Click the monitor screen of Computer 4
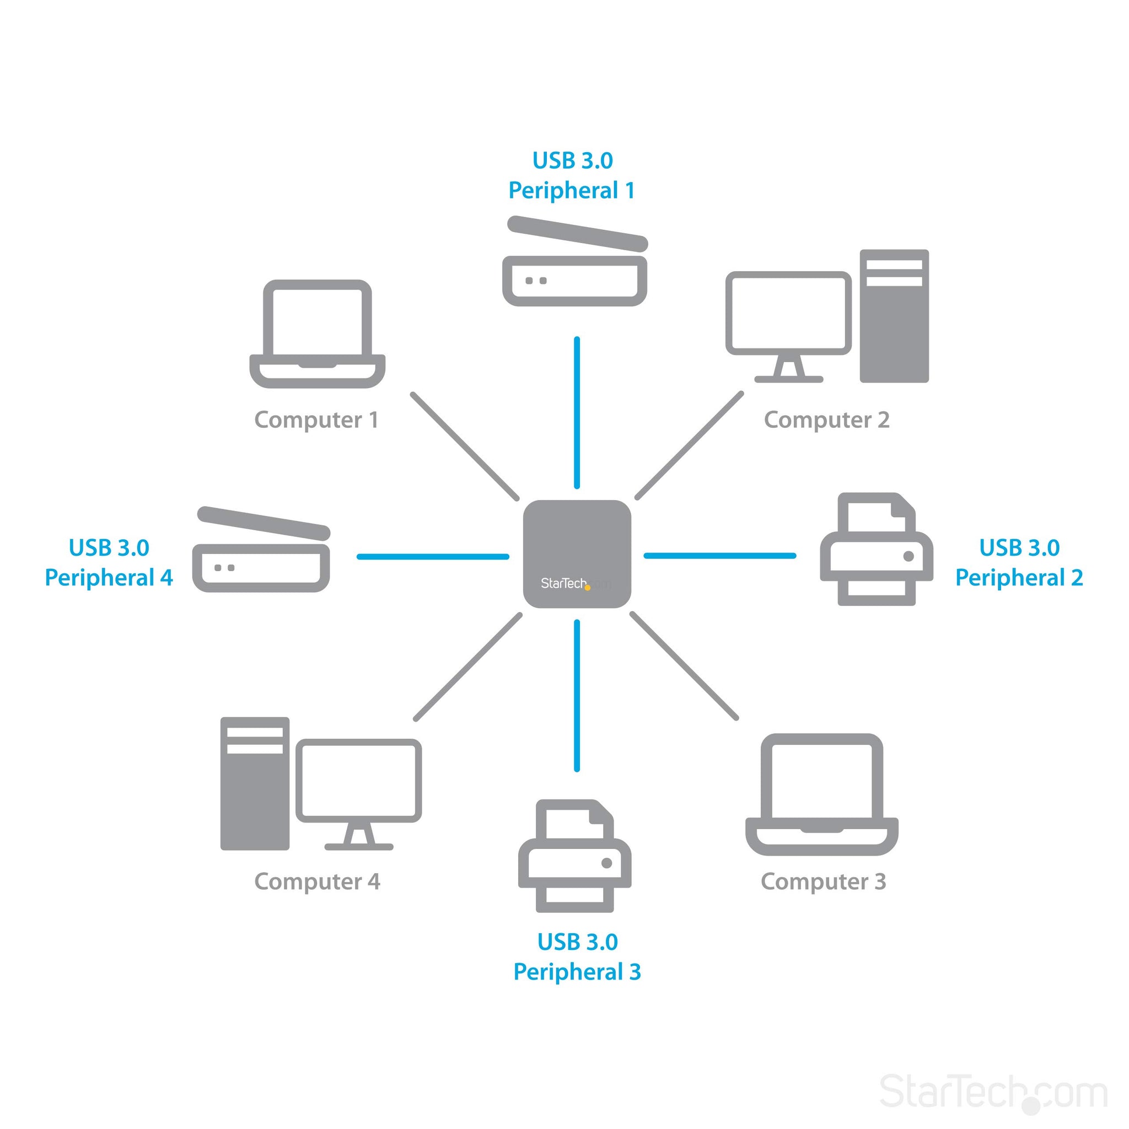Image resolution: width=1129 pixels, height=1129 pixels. pyautogui.click(x=358, y=780)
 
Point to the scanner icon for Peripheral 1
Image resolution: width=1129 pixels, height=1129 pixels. pyautogui.click(x=575, y=263)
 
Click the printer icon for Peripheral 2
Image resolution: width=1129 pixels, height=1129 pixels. pyautogui.click(x=876, y=549)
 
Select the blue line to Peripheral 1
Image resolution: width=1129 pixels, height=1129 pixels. pyautogui.click(x=577, y=412)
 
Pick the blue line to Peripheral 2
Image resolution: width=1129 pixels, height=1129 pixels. pyautogui.click(x=719, y=556)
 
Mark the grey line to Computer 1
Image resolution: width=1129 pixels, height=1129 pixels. pyautogui.click(x=465, y=447)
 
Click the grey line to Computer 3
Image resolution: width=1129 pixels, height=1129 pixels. pyautogui.click(x=684, y=665)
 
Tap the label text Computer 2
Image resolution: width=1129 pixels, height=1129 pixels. pyautogui.click(x=826, y=420)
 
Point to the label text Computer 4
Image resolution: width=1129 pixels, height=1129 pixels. pyautogui.click(x=318, y=881)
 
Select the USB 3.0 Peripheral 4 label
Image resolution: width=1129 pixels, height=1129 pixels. pyautogui.click(x=109, y=562)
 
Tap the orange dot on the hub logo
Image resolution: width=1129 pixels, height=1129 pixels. pyautogui.click(x=587, y=587)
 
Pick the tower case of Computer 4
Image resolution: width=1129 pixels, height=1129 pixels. pyautogui.click(x=255, y=783)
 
